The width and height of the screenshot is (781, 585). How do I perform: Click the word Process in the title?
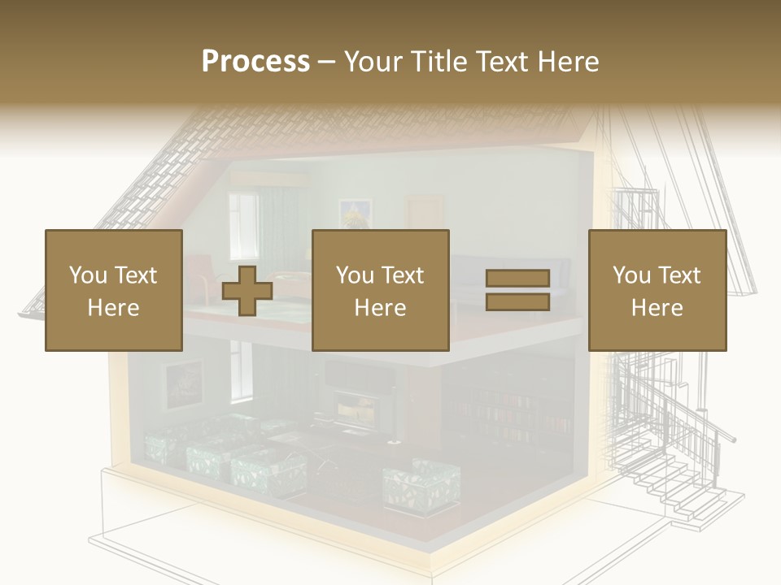coord(255,62)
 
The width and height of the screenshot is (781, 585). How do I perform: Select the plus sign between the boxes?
coord(247,291)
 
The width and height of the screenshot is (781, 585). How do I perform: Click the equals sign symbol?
coord(518,290)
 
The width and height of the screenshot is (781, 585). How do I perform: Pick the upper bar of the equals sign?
coord(518,279)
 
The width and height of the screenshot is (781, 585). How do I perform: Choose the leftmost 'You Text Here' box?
coord(114,290)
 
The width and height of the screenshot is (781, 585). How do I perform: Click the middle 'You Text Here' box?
coord(381,290)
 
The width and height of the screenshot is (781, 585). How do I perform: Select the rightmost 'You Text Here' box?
coord(657,290)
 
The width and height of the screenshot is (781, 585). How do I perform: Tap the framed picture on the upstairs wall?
coord(356,213)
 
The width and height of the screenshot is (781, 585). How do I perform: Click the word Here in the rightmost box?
coord(657,308)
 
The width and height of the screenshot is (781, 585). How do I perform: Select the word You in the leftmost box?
coord(87,275)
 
